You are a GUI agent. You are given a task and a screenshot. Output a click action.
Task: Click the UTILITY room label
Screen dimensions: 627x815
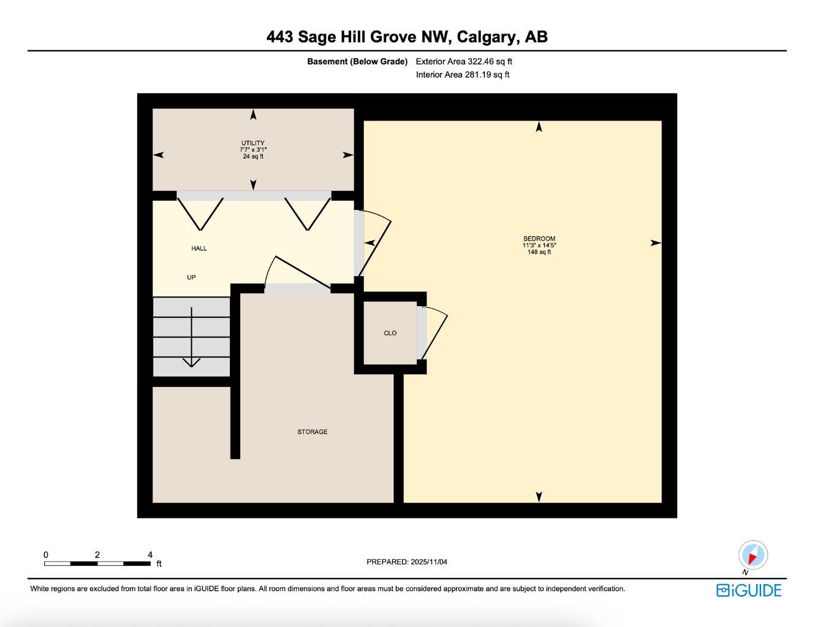(252, 143)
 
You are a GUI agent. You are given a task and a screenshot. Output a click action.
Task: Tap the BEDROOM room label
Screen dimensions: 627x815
(539, 239)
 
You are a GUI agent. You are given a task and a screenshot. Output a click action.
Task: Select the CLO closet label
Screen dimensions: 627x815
(390, 333)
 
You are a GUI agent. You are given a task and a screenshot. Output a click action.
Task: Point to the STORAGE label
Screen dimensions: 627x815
(313, 432)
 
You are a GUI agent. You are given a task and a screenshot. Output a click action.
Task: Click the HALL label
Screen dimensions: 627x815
(199, 248)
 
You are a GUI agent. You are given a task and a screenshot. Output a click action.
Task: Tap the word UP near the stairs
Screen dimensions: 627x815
(191, 277)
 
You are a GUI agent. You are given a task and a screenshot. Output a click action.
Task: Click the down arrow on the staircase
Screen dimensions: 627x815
(192, 361)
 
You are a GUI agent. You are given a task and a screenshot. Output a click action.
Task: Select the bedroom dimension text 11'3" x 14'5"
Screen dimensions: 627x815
(539, 246)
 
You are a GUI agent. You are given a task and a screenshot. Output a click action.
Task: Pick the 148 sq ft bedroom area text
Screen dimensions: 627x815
(539, 252)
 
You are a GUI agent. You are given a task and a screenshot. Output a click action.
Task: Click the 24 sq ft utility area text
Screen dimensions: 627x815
(253, 156)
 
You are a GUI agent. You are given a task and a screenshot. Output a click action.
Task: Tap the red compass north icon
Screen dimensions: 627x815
(752, 555)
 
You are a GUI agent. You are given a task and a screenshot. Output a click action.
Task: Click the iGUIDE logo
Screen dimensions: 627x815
(749, 590)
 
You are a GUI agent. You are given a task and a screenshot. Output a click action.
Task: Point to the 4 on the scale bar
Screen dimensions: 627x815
(150, 555)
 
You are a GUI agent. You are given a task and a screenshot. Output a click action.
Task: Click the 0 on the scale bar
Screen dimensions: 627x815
(46, 555)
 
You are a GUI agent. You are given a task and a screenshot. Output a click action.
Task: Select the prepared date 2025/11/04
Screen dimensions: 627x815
(429, 561)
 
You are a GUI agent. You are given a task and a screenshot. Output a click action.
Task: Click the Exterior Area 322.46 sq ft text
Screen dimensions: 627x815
(464, 61)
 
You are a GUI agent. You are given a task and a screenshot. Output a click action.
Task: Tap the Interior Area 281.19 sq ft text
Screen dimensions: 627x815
(463, 75)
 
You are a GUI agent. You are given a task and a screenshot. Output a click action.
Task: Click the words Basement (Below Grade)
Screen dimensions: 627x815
(357, 61)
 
